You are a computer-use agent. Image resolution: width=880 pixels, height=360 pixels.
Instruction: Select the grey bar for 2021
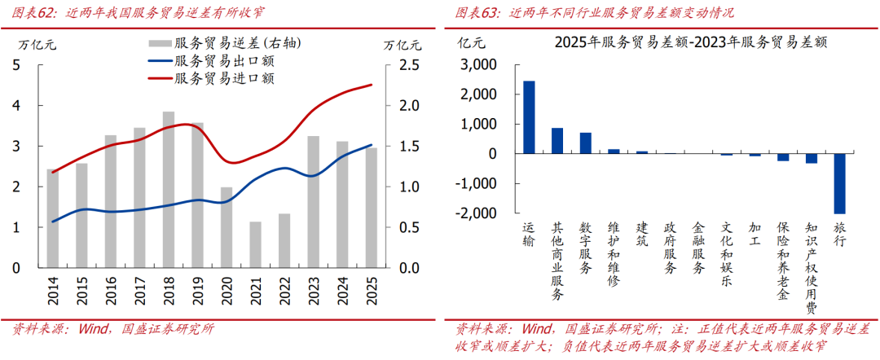pos(256,244)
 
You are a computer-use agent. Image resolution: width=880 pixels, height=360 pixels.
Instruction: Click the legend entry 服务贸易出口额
pos(223,61)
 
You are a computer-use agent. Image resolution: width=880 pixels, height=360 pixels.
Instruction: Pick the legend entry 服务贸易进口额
pos(223,78)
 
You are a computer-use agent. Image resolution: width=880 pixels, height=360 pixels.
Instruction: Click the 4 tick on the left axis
pos(18,106)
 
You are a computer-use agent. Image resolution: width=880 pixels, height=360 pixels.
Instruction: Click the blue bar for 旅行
pos(840,183)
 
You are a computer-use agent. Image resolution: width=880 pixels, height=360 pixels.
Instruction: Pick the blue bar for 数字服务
pos(585,143)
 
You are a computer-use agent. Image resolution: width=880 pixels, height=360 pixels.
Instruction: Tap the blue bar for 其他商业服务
pos(557,141)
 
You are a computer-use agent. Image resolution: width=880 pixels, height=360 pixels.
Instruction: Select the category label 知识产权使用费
pos(812,268)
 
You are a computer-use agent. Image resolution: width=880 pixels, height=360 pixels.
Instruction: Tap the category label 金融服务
pos(698,248)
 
